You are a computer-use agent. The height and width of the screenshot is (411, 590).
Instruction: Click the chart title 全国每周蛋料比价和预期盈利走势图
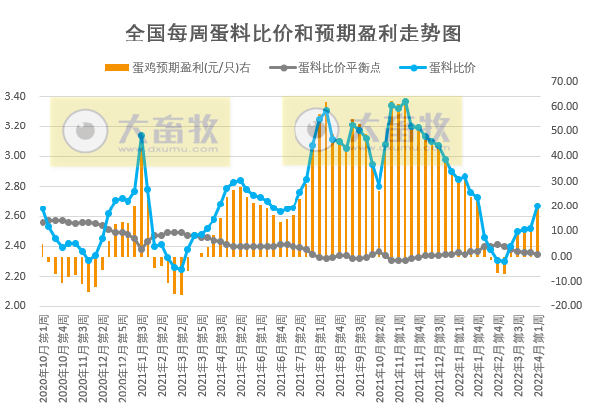click(x=294, y=33)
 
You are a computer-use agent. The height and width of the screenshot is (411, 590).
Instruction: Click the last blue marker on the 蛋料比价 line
click(x=537, y=206)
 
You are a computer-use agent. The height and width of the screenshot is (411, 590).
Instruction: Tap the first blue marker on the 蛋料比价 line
click(x=42, y=209)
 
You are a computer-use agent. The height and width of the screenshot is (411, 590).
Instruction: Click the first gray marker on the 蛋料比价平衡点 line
click(x=42, y=222)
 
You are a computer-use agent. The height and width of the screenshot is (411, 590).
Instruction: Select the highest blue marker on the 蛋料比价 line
click(x=405, y=102)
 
